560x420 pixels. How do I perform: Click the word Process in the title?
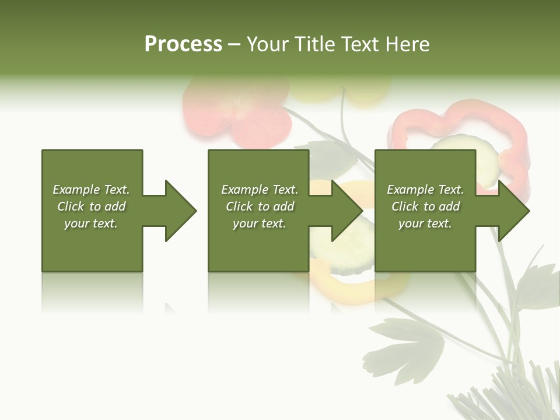(x=183, y=44)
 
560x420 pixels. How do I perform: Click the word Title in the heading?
(x=314, y=44)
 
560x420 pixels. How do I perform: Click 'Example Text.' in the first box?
(x=91, y=190)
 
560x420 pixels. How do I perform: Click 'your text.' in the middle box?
(x=259, y=223)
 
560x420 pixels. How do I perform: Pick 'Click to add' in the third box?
(x=425, y=206)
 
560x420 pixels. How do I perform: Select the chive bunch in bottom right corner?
(x=513, y=397)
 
